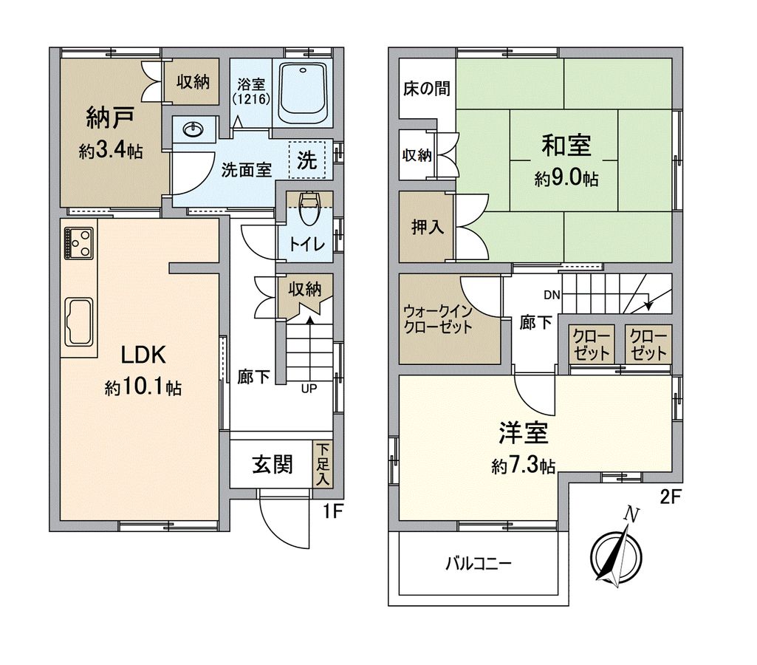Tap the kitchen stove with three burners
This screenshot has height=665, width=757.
click(79, 242)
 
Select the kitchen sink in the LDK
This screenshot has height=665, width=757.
click(80, 321)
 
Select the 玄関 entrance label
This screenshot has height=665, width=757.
click(273, 465)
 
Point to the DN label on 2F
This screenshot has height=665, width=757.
click(551, 296)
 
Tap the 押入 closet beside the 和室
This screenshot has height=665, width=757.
click(427, 227)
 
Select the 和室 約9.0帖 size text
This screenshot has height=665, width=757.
click(566, 178)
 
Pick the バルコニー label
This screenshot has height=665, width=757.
click(478, 563)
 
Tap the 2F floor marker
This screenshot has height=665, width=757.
click(669, 497)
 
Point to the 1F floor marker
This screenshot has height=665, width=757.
click(334, 510)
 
